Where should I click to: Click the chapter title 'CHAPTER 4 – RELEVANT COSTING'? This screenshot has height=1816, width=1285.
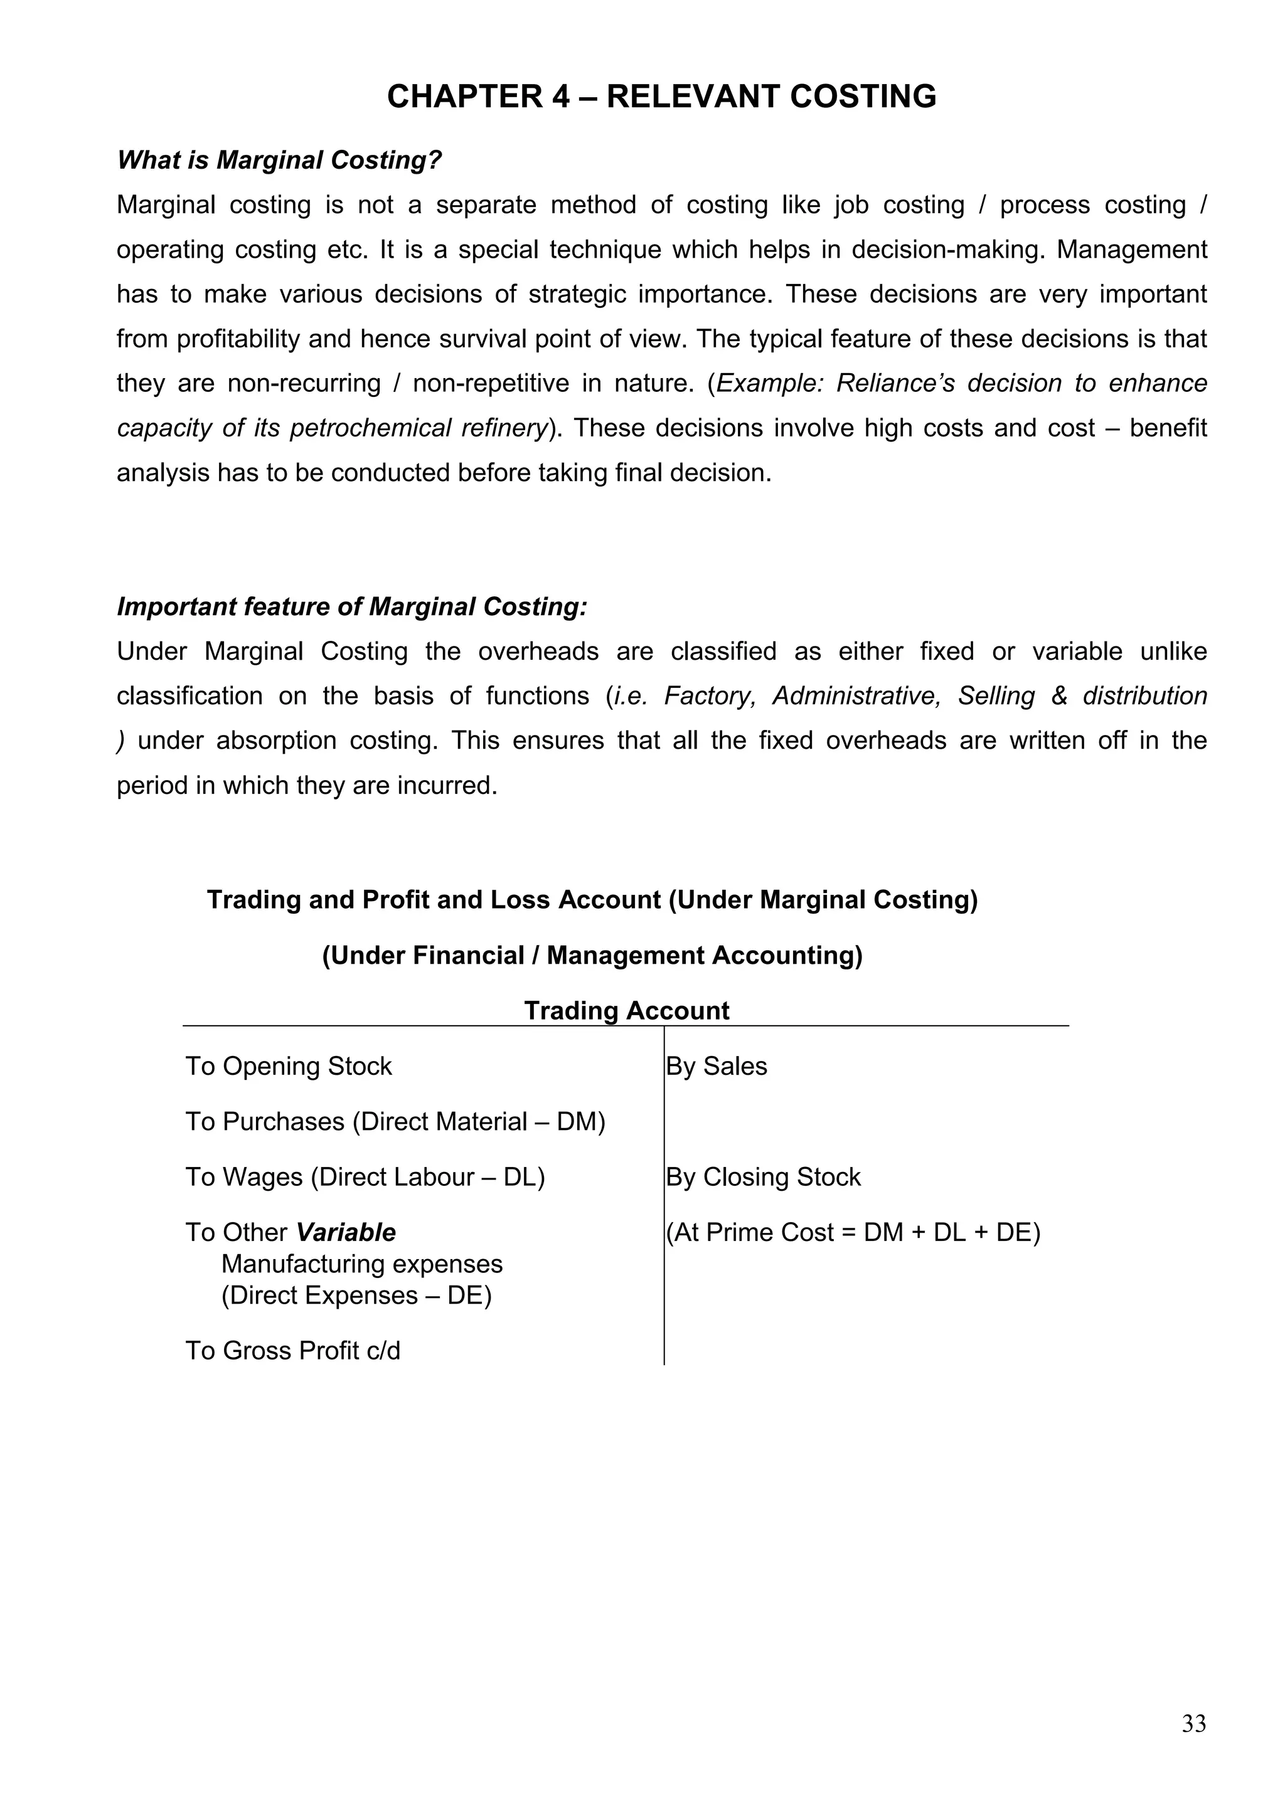point(661,97)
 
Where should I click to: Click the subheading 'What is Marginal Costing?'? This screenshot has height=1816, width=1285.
point(279,161)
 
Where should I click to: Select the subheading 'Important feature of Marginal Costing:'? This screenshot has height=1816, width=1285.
point(352,606)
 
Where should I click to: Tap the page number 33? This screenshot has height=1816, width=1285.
point(1193,1723)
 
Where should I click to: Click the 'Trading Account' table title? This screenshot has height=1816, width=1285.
point(626,1010)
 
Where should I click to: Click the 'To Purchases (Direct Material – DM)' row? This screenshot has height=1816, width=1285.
point(395,1122)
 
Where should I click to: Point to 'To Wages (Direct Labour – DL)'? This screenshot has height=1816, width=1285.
point(365,1177)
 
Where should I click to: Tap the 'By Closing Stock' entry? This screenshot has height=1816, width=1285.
point(763,1177)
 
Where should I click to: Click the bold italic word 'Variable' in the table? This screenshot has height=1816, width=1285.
point(346,1232)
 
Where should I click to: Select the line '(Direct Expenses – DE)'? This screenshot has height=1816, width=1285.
point(356,1296)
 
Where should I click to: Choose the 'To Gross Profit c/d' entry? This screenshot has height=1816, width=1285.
point(293,1350)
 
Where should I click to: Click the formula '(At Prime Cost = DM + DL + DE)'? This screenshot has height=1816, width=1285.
point(853,1232)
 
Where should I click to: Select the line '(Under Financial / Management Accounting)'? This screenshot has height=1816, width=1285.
point(592,956)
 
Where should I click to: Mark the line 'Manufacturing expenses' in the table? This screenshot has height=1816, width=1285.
point(361,1264)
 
